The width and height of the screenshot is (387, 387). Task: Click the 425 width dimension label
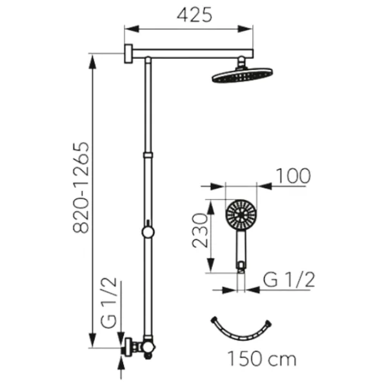(x=194, y=15)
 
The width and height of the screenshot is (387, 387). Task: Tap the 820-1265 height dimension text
(x=81, y=188)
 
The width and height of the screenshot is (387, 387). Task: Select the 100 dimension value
(x=293, y=176)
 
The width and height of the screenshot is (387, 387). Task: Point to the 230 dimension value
(x=200, y=230)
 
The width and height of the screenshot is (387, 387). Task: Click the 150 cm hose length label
(x=262, y=359)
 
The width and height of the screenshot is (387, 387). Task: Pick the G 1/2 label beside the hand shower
(x=289, y=280)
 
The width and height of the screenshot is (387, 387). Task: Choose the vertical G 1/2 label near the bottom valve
(x=108, y=303)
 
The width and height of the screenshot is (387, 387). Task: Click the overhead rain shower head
(x=243, y=75)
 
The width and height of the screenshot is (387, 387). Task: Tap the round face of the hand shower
(x=241, y=215)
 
